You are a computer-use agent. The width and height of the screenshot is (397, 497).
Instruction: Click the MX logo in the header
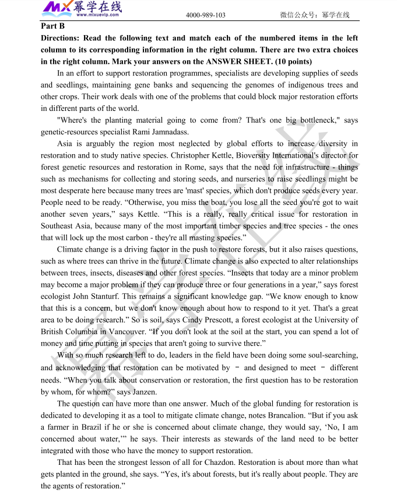click(x=57, y=8)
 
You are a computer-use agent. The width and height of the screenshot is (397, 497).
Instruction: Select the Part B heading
click(x=53, y=26)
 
